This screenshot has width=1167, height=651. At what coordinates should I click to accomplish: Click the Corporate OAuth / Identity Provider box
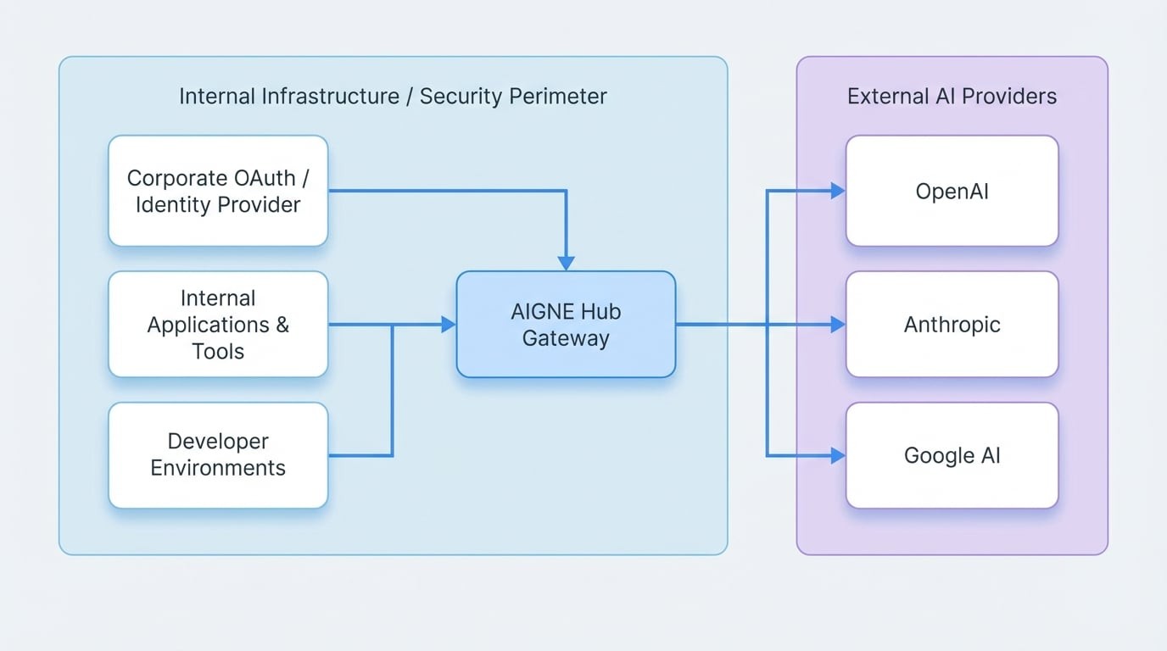click(x=218, y=191)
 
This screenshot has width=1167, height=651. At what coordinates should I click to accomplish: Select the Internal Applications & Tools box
click(x=218, y=324)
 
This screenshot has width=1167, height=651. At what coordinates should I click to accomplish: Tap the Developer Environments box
click(x=218, y=455)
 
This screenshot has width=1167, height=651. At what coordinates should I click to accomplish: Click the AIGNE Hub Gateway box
click(x=566, y=325)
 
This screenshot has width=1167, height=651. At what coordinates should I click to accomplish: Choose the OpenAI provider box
click(x=952, y=192)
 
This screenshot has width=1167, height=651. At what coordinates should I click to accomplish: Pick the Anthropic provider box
click(x=952, y=324)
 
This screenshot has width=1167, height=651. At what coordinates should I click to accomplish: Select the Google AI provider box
click(x=952, y=455)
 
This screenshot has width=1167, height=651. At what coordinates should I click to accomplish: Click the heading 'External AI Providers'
click(x=952, y=96)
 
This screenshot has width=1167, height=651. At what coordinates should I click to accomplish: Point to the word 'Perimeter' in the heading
click(x=561, y=96)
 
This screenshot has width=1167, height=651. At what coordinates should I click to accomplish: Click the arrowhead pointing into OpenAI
click(x=838, y=191)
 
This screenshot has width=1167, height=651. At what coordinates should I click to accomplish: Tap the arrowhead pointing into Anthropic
click(x=838, y=324)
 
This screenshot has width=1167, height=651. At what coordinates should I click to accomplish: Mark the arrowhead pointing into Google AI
click(x=838, y=456)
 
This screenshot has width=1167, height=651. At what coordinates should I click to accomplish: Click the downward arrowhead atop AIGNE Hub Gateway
click(x=566, y=263)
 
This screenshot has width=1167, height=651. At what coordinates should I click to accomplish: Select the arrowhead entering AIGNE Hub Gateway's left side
click(x=449, y=324)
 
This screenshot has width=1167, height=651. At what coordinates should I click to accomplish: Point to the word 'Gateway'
click(x=566, y=338)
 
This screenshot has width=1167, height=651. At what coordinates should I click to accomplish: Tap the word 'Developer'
click(x=218, y=442)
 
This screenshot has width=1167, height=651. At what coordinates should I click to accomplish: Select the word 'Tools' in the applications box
click(x=218, y=351)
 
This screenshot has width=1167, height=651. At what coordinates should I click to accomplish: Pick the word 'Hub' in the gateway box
click(x=602, y=311)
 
